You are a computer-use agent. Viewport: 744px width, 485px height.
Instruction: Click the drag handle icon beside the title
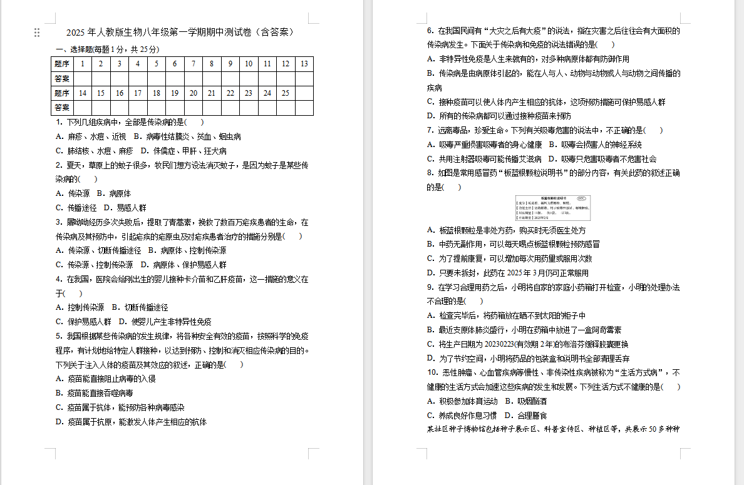point(37,33)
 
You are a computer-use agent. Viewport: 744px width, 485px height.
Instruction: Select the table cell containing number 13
point(304,64)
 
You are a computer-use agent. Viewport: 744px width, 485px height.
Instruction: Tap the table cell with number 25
point(285,93)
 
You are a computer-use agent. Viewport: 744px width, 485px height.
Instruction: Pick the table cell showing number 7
point(194,64)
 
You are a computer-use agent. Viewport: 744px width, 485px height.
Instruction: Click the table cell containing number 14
point(82,93)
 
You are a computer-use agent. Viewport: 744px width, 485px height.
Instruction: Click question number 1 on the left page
point(59,122)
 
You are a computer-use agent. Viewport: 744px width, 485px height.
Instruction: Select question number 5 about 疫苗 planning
point(59,336)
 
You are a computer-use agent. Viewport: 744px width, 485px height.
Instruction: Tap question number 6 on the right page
point(430,31)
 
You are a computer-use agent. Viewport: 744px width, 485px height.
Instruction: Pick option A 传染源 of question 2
point(72,193)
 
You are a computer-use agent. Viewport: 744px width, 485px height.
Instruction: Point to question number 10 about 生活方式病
point(432,373)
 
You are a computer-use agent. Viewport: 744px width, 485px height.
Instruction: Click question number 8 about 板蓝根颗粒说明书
point(430,173)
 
